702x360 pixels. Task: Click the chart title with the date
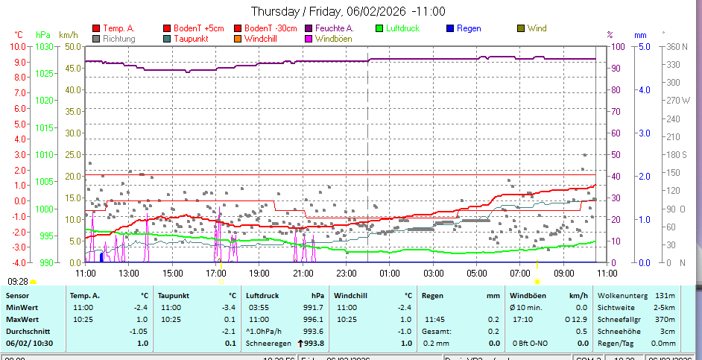click(x=348, y=11)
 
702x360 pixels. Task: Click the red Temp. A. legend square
click(x=95, y=28)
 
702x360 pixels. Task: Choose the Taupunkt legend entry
click(x=189, y=38)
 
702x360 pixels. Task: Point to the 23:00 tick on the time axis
click(x=346, y=274)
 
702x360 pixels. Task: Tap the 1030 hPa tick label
click(x=44, y=46)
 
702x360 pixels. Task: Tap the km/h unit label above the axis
click(x=69, y=34)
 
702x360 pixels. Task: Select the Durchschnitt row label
click(x=27, y=330)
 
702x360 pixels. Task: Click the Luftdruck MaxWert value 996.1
click(x=312, y=319)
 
